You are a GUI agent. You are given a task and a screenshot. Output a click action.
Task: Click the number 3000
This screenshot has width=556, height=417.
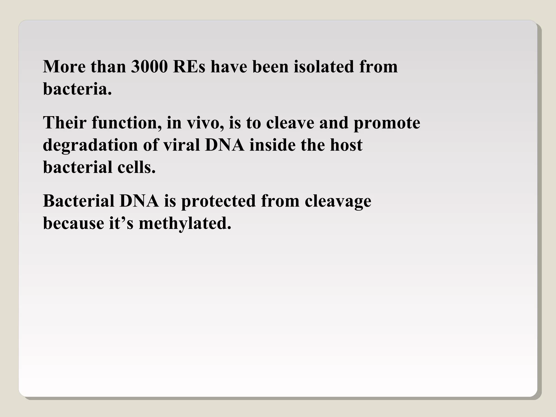149,67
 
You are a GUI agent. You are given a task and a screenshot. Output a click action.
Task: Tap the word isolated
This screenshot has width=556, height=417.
324,67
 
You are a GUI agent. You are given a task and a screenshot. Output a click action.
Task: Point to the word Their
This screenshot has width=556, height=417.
65,123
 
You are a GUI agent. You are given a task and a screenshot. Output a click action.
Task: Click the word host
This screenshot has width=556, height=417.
346,145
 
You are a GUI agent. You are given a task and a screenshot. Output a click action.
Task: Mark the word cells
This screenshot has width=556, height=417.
137,167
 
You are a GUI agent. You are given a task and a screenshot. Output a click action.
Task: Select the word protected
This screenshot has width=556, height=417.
218,202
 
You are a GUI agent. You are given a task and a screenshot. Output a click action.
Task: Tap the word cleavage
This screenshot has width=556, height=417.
338,202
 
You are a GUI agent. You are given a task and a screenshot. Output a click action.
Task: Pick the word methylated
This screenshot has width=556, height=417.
185,224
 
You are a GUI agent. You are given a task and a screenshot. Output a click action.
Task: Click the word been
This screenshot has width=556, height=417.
270,67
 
